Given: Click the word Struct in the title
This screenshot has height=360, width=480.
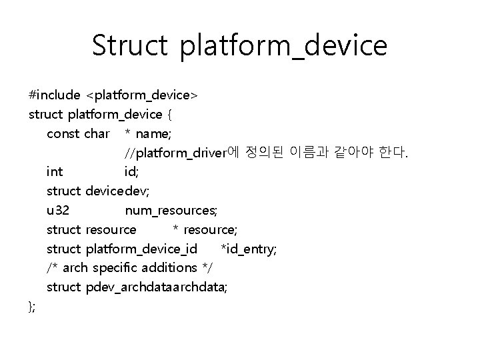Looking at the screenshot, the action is [131, 45].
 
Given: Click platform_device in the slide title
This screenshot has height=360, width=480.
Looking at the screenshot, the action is [283, 47].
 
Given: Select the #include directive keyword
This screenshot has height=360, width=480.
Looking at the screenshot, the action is [55, 95].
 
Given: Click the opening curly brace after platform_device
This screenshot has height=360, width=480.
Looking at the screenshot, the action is [171, 115].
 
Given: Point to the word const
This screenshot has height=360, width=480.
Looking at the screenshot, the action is [63, 133].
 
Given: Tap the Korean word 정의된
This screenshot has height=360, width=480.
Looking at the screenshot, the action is [263, 153].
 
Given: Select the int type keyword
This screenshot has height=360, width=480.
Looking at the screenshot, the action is [55, 172].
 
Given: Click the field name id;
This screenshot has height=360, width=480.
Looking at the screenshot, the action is [132, 172].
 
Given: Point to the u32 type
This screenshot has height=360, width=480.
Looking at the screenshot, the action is [57, 211].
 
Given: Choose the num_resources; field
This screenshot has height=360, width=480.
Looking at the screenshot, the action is [171, 211].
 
